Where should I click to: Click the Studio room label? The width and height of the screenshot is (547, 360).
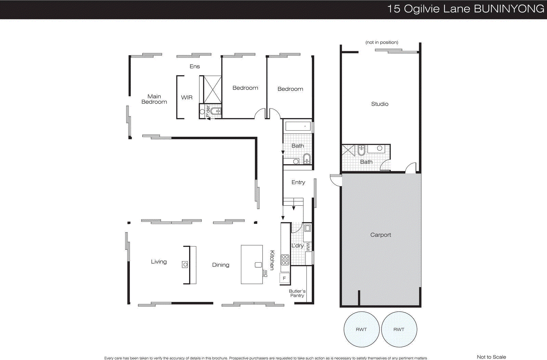[379, 104]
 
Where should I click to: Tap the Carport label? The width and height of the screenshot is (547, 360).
[380, 235]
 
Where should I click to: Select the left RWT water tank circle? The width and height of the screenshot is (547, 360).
[361, 329]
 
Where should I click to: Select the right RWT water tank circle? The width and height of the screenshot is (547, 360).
[399, 329]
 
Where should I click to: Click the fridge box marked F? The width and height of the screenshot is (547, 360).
[284, 278]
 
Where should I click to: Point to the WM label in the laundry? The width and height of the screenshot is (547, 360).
[308, 247]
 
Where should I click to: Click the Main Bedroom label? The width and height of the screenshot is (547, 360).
[154, 99]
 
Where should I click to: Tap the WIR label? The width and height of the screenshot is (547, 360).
[187, 97]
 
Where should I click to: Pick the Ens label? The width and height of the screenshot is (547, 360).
[195, 66]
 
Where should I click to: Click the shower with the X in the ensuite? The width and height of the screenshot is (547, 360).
[212, 90]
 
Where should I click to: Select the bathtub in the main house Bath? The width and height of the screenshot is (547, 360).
[298, 126]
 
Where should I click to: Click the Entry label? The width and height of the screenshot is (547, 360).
[298, 183]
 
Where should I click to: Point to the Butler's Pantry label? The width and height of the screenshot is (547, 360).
[297, 293]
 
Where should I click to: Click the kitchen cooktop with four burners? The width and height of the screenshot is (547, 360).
[285, 260]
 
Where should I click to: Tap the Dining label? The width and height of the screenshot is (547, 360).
[221, 265]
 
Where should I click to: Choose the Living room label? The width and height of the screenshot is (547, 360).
[159, 262]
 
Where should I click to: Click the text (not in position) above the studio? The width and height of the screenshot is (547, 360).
[382, 42]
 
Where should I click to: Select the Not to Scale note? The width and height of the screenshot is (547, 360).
[491, 357]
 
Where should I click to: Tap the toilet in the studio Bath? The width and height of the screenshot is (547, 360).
[361, 150]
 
